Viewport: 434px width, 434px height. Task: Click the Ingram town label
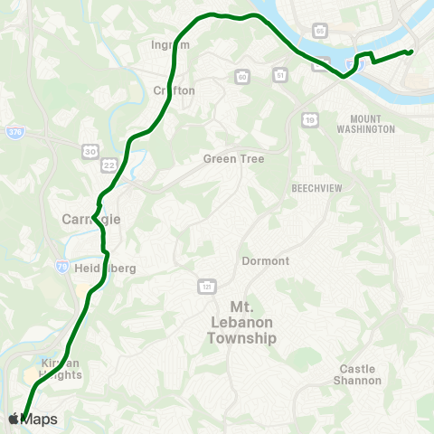pos(172,43)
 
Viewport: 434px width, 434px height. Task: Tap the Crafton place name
pos(174,90)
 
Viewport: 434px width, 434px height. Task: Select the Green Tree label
pos(233,159)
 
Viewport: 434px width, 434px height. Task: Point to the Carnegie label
pos(90,219)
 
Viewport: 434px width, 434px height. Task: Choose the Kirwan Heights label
pos(61,368)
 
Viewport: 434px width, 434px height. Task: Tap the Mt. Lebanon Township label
pos(240,322)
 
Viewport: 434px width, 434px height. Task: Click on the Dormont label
pos(265,261)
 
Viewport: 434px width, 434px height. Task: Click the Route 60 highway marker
pos(242,77)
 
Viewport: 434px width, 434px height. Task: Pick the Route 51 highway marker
pos(280,75)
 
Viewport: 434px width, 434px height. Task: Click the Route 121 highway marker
pos(205,286)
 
